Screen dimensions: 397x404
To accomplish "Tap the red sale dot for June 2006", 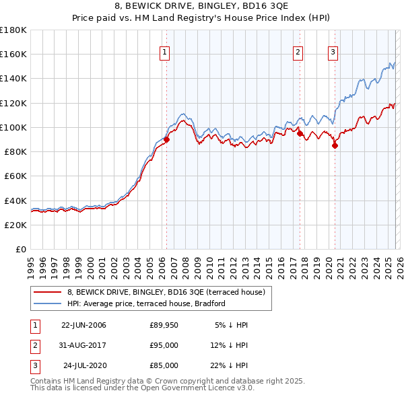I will [x=166, y=139].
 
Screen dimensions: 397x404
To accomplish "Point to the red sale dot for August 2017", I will [x=299, y=133].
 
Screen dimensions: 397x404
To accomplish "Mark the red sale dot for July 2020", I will [x=334, y=145].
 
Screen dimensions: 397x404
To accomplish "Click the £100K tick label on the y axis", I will [x=13, y=127].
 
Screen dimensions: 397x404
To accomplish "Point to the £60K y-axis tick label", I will [x=15, y=176].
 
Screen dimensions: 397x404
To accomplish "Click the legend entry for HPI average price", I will [x=145, y=303].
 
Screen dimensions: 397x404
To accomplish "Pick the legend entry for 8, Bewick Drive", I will [x=167, y=292].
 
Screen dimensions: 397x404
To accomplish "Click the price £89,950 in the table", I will [x=164, y=325].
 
